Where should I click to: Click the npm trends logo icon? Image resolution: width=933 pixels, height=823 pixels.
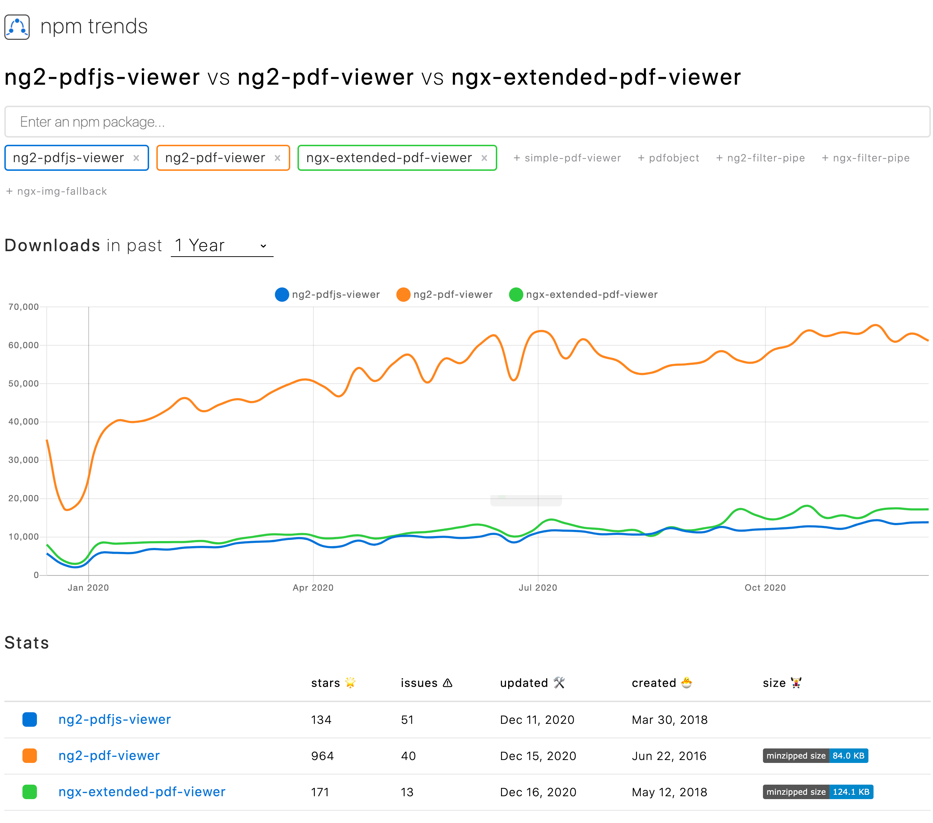(17, 27)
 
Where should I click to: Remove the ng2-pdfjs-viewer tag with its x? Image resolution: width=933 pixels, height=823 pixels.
(136, 158)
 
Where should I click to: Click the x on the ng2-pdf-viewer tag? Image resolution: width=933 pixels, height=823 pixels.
(277, 158)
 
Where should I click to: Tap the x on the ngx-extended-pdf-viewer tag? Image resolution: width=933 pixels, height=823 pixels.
(484, 158)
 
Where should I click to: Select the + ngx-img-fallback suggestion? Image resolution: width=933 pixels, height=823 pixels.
(56, 191)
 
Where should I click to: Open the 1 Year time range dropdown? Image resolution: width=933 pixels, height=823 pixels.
(222, 246)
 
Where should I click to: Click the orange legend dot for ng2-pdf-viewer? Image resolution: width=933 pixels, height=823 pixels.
(403, 294)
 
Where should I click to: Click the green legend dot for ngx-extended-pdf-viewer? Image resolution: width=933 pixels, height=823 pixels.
(515, 294)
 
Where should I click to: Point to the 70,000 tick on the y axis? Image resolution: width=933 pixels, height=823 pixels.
(24, 307)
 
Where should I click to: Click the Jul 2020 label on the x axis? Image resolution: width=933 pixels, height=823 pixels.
(538, 587)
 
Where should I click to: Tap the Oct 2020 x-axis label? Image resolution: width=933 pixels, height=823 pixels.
(765, 587)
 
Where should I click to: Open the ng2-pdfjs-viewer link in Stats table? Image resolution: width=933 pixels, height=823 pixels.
(115, 719)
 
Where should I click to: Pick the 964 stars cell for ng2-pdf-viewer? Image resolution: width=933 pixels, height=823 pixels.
(322, 756)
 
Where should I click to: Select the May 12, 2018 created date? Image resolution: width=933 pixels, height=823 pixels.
(669, 792)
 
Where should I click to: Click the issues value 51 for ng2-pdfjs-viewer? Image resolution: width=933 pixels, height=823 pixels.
(407, 720)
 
